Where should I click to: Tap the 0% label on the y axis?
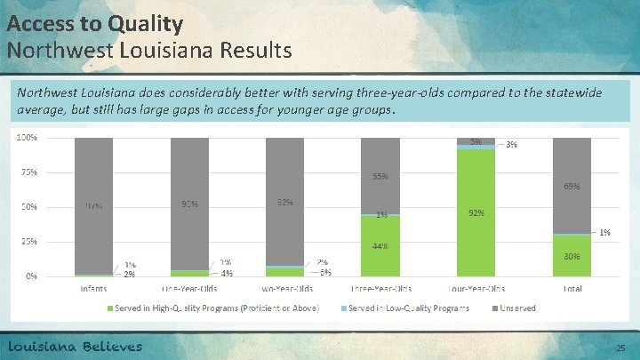tap(29, 276)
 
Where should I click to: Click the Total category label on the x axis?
tap(572, 289)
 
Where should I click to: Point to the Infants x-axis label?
tap(92, 289)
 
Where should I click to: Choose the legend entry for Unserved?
tap(520, 308)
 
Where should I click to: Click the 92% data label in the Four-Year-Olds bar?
tap(476, 213)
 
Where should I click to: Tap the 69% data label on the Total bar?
tap(572, 187)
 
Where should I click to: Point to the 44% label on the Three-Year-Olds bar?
tap(380, 246)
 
